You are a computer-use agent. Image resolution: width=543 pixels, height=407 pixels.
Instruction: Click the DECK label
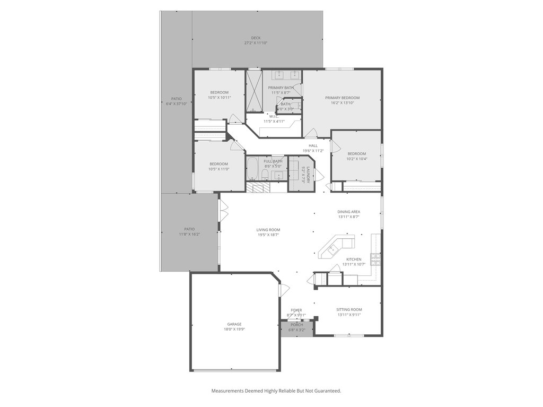256,38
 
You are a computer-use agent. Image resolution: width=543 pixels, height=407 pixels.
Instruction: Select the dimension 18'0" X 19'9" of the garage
234,329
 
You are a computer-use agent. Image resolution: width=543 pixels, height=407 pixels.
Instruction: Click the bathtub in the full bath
252,169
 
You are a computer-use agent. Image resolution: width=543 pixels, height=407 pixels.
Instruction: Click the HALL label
313,145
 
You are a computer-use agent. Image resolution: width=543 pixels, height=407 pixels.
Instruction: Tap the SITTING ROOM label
349,309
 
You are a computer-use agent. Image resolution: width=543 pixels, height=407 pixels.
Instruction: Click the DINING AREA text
349,212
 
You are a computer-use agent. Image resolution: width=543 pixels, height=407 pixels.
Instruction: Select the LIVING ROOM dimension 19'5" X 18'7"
268,235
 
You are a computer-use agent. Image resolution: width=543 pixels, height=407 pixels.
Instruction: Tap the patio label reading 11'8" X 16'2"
189,234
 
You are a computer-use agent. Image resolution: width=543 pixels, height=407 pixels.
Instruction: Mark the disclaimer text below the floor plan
276,391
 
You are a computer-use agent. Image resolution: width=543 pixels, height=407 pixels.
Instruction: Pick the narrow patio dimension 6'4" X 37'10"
176,104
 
